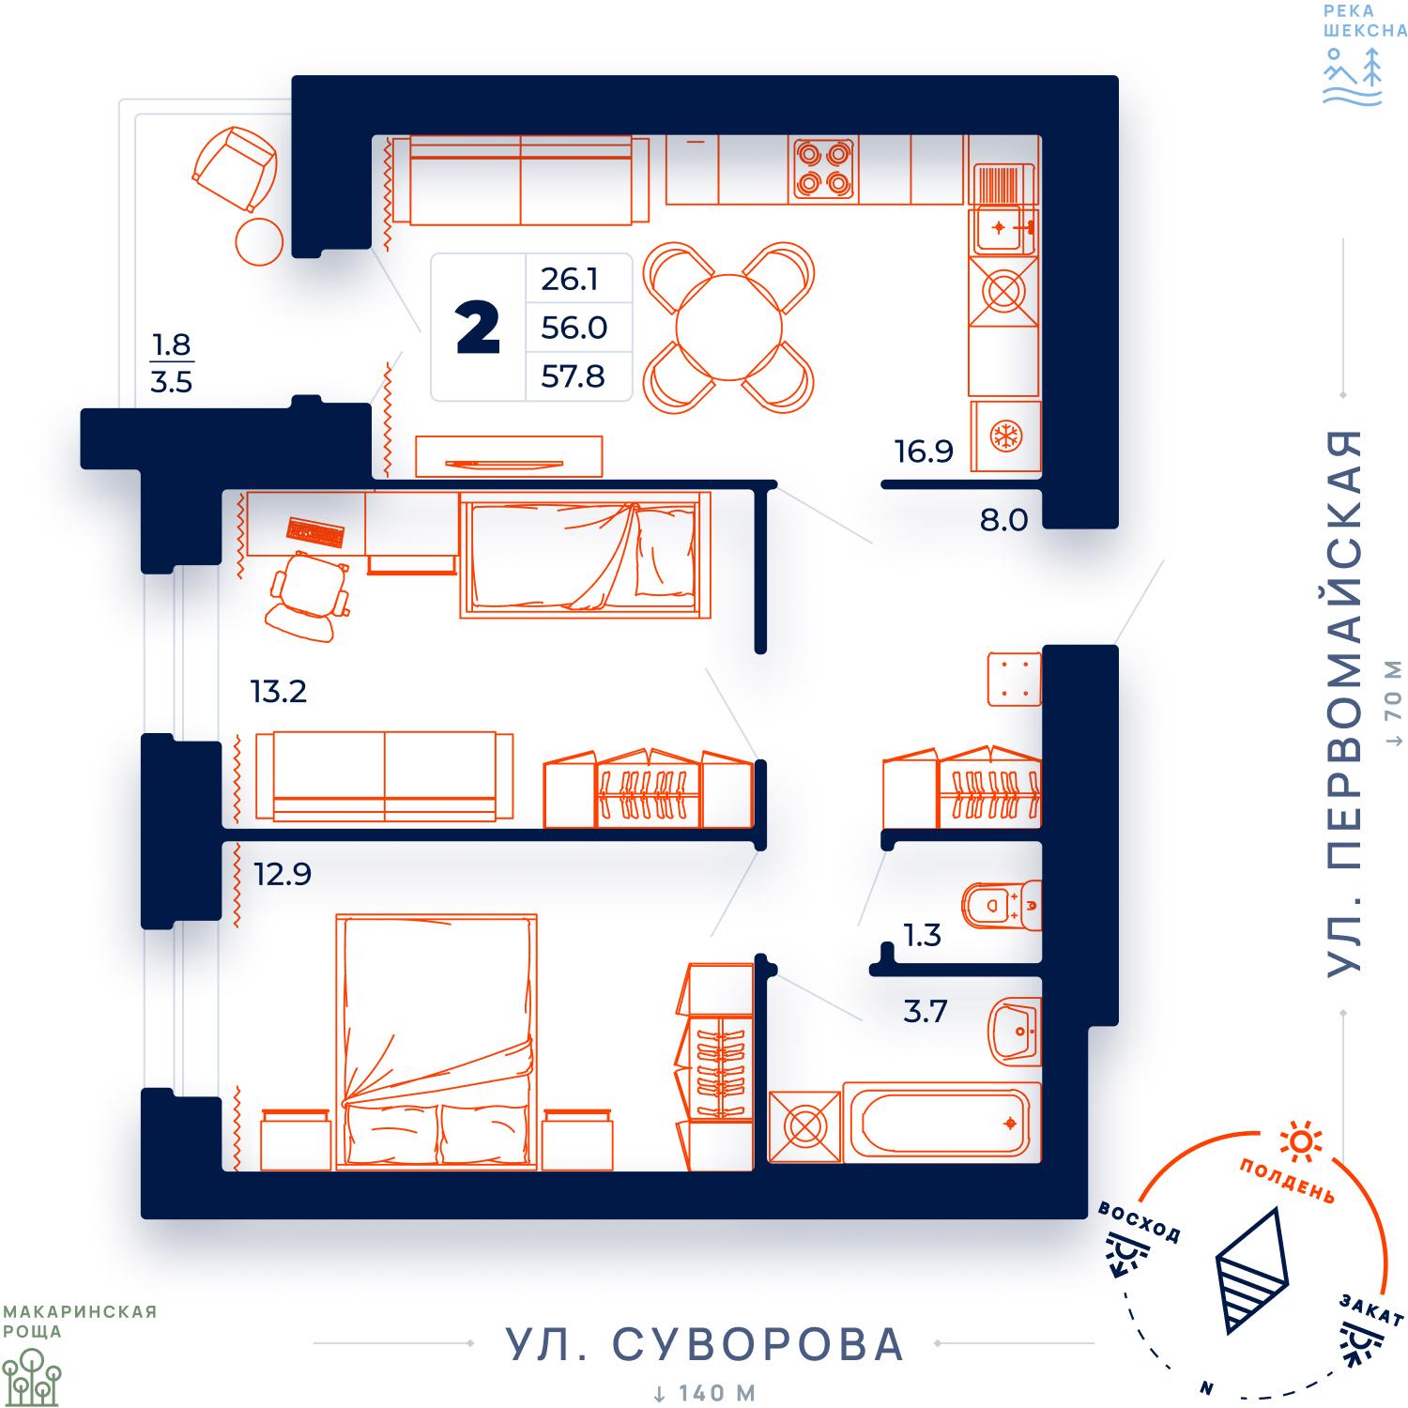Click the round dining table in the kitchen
(729, 328)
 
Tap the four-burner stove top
(825, 169)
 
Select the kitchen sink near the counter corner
(1004, 228)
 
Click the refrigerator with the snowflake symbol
(1006, 436)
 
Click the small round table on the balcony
(259, 242)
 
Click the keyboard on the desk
(315, 532)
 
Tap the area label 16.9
(924, 451)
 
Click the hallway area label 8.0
(1003, 519)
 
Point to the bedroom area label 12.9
(283, 874)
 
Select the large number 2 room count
(478, 329)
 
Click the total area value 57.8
(573, 376)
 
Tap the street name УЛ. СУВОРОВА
(704, 1344)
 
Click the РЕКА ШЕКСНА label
(1365, 20)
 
